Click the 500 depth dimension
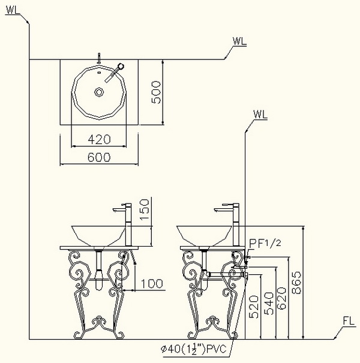[156, 92]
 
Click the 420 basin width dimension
[99, 139]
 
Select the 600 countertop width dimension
[99, 157]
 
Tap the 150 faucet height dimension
[144, 209]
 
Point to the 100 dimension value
[152, 284]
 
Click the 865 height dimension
[296, 283]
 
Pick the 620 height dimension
[281, 298]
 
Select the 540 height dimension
[269, 304]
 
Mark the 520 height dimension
[254, 307]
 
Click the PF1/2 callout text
[265, 244]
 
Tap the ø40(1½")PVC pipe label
[194, 348]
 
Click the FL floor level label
[349, 321]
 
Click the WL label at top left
[13, 10]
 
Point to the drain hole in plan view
[99, 92]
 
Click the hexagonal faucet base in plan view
[121, 66]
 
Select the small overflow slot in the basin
[100, 73]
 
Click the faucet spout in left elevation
[119, 209]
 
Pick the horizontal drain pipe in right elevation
[227, 274]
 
